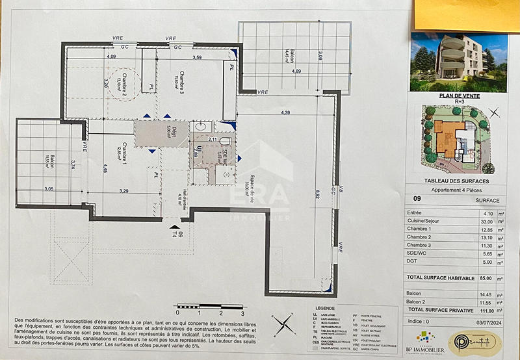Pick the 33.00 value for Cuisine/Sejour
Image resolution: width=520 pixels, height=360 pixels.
coord(482,222)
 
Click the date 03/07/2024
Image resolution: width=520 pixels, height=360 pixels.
coord(484,321)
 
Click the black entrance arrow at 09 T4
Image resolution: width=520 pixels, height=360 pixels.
coord(174,227)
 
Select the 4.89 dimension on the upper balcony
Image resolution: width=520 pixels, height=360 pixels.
coord(296,71)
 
